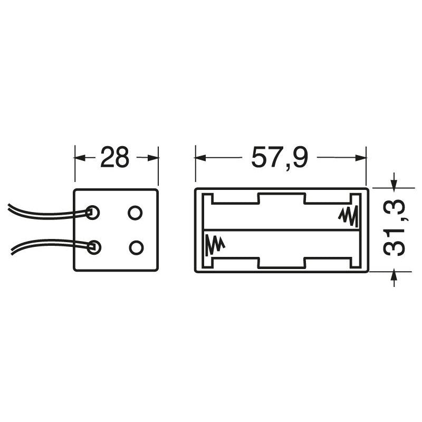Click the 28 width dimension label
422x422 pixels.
click(x=115, y=157)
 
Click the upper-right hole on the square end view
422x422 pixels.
click(x=135, y=213)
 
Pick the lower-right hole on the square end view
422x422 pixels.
click(x=136, y=247)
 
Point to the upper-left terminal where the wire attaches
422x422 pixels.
click(x=93, y=213)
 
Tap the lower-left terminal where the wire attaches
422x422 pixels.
click(x=94, y=247)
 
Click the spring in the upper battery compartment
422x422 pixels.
click(x=348, y=216)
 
